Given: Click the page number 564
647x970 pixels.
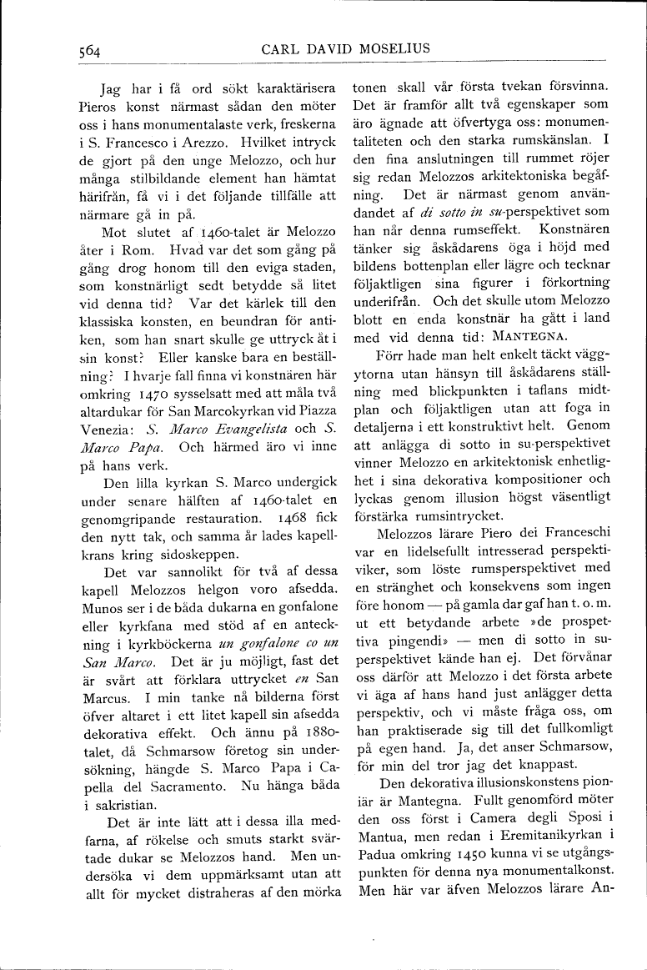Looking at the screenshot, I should click(84, 50).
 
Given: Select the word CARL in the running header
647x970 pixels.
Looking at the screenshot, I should click(279, 49).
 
